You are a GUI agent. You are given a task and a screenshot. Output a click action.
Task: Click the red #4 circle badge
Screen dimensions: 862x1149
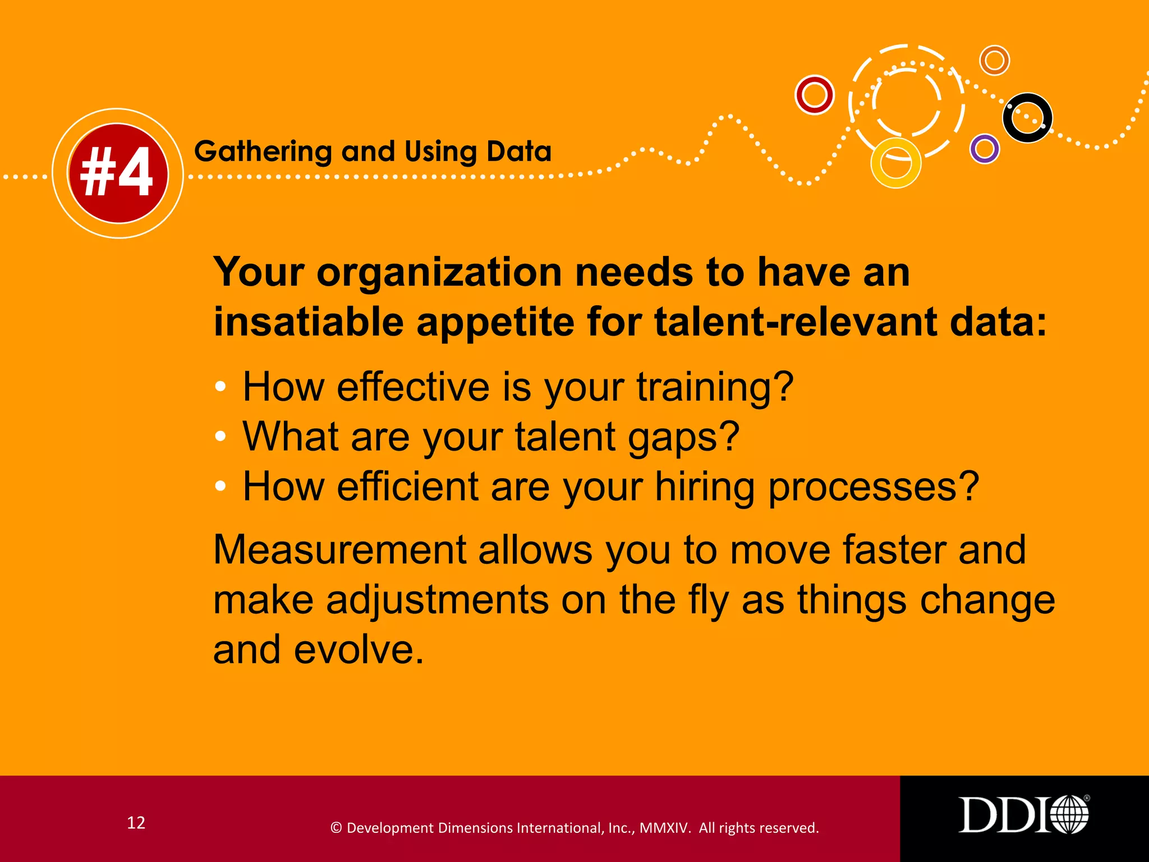pyautogui.click(x=118, y=173)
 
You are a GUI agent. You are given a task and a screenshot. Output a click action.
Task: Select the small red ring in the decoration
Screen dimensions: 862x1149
pyautogui.click(x=815, y=95)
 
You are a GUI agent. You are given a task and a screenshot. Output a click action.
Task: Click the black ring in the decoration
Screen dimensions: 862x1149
pyautogui.click(x=1027, y=118)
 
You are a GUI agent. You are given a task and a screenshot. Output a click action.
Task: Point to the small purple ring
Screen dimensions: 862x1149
pyautogui.click(x=985, y=149)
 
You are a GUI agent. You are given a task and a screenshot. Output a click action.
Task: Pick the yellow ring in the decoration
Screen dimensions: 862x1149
pyautogui.click(x=895, y=163)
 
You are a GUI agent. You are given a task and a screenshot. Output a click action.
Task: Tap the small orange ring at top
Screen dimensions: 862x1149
pyautogui.click(x=995, y=60)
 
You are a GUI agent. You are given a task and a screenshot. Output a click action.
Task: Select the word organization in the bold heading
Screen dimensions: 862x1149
pyautogui.click(x=439, y=273)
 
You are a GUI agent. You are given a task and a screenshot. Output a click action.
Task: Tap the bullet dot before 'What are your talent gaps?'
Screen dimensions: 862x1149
pyautogui.click(x=220, y=436)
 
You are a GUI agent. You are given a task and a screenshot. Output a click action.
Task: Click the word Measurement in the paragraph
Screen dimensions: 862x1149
pyautogui.click(x=339, y=549)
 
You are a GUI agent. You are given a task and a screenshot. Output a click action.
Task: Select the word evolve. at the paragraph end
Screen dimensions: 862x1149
pyautogui.click(x=359, y=650)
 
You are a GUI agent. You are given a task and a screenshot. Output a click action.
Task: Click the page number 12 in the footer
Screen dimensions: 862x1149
pyautogui.click(x=136, y=823)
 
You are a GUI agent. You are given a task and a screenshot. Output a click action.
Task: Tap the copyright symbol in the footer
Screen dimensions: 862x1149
pyautogui.click(x=336, y=828)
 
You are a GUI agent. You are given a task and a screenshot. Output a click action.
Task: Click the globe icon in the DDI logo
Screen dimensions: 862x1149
pyautogui.click(x=1069, y=814)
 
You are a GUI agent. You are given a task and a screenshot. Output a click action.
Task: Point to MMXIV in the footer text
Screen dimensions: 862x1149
pyautogui.click(x=665, y=828)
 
